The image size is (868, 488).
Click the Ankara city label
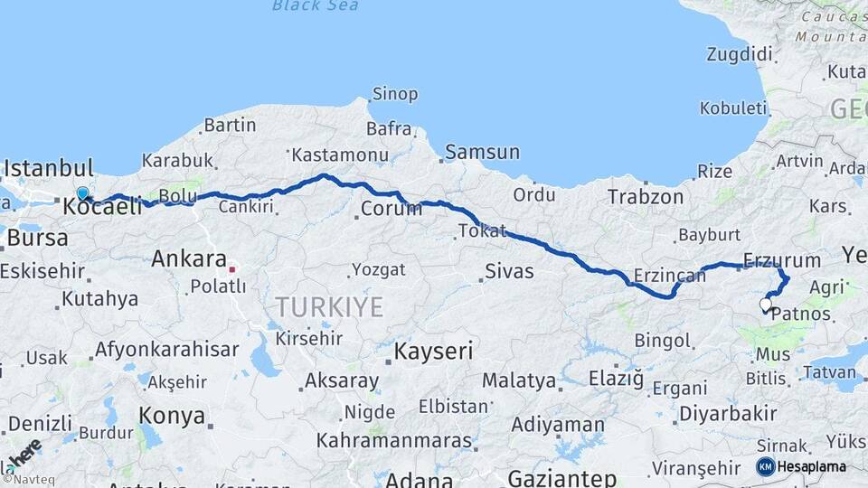[188, 259]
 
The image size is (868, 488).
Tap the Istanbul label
[49, 169]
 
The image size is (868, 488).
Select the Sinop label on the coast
[394, 94]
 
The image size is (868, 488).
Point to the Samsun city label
[482, 153]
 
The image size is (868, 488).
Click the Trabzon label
[645, 196]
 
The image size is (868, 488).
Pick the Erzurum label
[781, 260]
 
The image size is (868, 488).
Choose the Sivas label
[509, 270]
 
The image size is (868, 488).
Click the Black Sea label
[314, 6]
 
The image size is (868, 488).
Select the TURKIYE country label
[329, 307]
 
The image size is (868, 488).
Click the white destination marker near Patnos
[766, 305]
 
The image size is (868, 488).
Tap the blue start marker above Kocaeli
[82, 193]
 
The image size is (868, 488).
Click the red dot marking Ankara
[232, 268]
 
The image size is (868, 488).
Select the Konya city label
[172, 417]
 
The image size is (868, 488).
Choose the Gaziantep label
[561, 477]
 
